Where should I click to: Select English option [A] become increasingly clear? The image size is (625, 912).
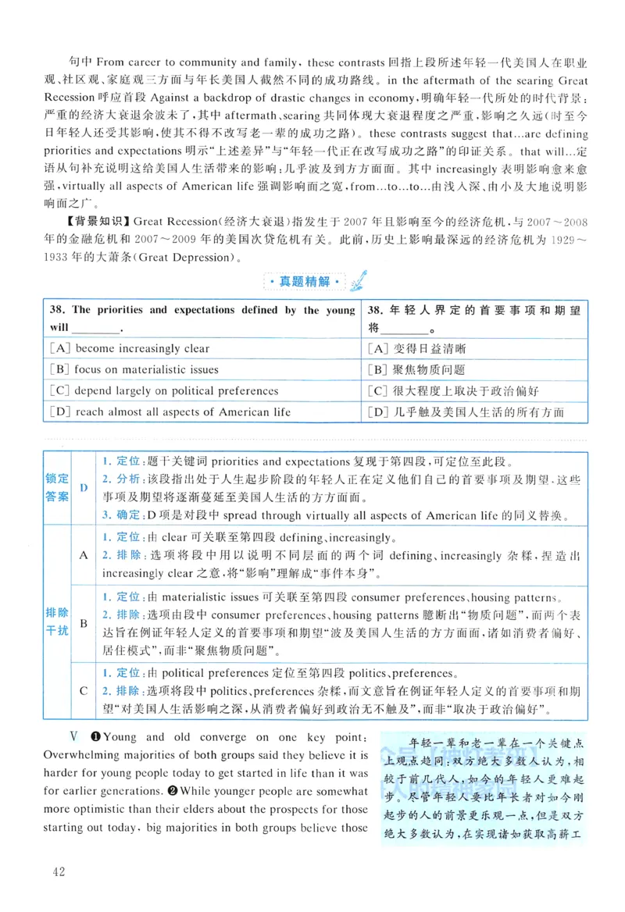(129, 349)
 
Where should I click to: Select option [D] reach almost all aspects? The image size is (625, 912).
(170, 412)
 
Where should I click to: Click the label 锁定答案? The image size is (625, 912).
(57, 488)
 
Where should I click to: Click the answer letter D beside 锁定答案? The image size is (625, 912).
(84, 488)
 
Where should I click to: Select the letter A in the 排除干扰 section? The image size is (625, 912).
(84, 554)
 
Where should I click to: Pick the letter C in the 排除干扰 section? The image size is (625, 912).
(84, 690)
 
